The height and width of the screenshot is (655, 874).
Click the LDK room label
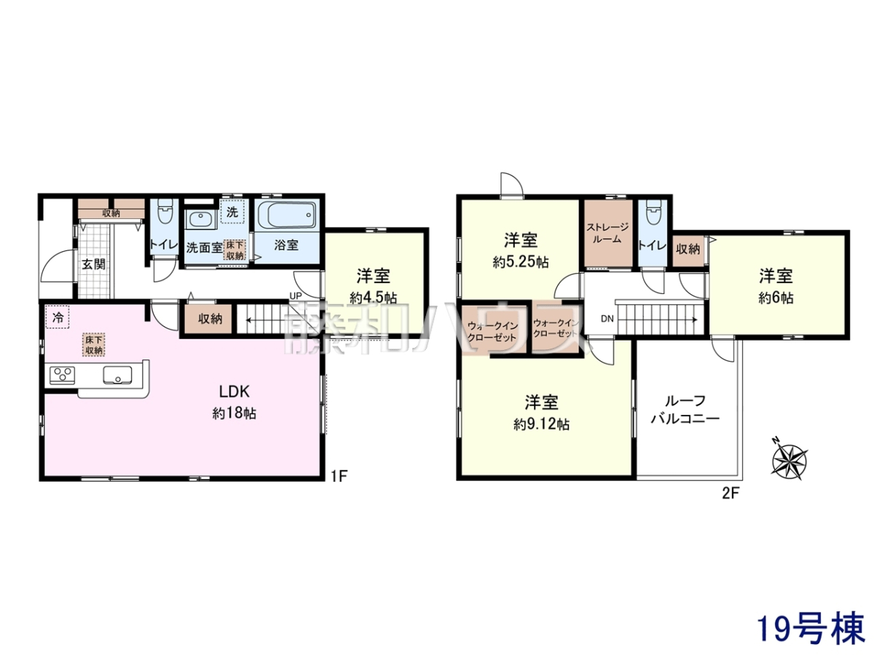click(x=234, y=392)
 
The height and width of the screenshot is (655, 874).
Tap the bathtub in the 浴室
click(x=287, y=215)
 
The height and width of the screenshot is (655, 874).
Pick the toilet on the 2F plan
click(x=651, y=212)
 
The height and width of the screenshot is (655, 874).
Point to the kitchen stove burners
click(x=62, y=375)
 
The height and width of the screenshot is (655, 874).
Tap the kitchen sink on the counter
click(x=117, y=375)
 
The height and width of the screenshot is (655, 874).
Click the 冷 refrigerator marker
click(x=58, y=317)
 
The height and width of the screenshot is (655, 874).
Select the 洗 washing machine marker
click(x=232, y=212)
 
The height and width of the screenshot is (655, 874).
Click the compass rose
click(x=789, y=461)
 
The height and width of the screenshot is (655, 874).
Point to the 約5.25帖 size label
click(x=521, y=262)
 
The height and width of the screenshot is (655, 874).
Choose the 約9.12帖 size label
click(x=542, y=424)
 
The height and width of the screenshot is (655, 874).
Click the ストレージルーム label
click(x=607, y=234)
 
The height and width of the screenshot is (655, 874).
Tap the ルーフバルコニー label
click(x=685, y=410)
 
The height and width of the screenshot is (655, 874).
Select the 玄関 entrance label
click(x=94, y=264)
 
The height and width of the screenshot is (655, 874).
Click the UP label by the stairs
click(x=296, y=296)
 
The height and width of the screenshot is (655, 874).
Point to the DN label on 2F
click(x=607, y=319)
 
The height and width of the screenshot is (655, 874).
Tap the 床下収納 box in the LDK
click(x=94, y=345)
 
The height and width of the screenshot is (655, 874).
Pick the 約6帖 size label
click(x=776, y=298)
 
